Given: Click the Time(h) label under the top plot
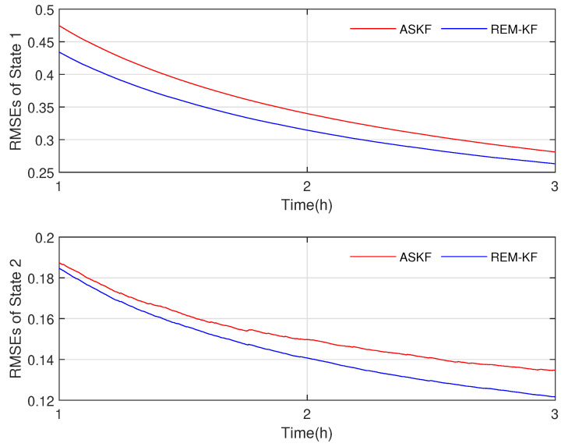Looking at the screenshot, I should coord(306,205).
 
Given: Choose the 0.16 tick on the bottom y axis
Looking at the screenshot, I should coord(40,319).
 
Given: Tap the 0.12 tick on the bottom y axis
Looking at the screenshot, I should coord(40,400).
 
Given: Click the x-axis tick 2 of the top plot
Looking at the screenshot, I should coord(307,187).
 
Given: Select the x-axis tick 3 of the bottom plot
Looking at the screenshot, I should coord(555,415).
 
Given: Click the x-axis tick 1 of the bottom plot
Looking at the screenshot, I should coord(59,415).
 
